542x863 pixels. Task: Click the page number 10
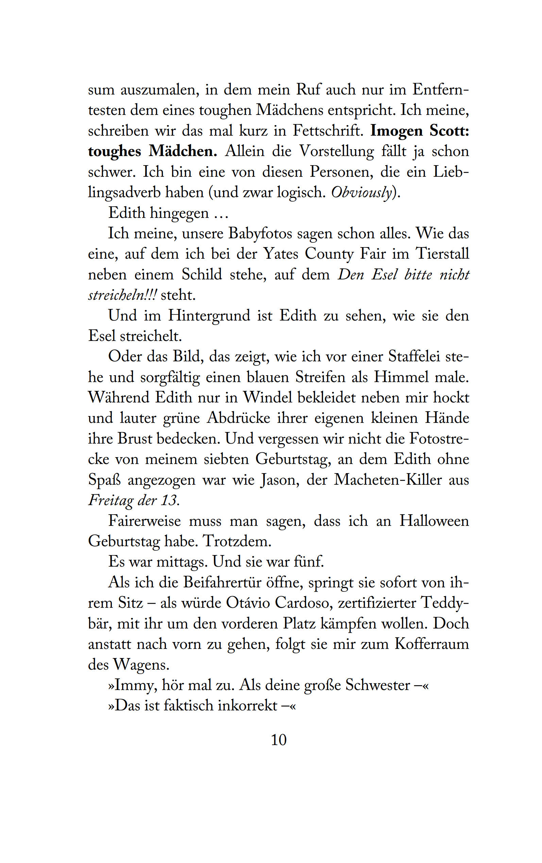pos(278,740)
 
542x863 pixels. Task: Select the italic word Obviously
pos(361,193)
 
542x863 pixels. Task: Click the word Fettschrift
pos(328,131)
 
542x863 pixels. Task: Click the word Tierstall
pos(442,254)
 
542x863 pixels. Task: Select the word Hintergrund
pos(209,316)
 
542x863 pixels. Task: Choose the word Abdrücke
pos(238,418)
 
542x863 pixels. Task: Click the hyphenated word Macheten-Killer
pos(388,480)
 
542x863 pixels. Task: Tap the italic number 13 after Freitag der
pos(169,500)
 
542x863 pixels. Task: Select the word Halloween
pos(434,521)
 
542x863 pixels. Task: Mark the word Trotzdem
pos(237,541)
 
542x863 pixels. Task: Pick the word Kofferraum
pos(431,644)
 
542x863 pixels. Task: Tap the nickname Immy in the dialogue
pos(135,685)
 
